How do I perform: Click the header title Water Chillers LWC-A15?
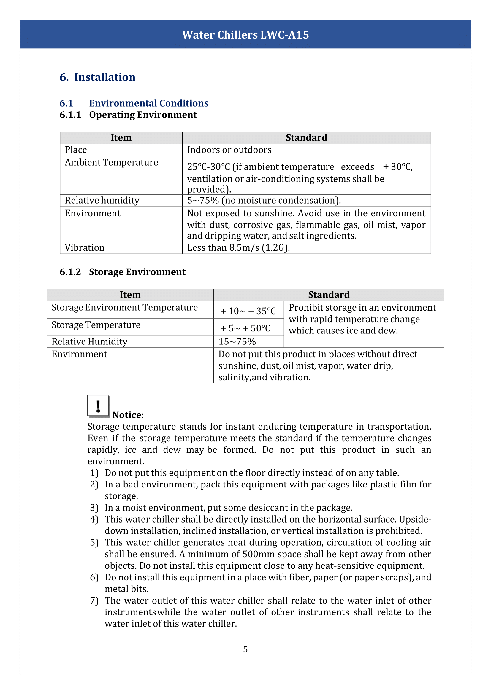245,35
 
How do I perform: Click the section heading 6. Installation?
97,77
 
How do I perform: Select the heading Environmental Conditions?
148,103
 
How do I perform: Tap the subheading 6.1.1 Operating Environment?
128,115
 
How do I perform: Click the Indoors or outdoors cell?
229,150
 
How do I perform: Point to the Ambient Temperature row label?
111,163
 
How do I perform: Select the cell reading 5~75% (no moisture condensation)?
264,200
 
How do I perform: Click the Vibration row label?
85,248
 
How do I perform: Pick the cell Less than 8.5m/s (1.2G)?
238,248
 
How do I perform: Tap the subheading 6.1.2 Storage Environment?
122,272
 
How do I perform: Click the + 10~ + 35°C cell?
248,311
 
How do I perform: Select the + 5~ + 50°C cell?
245,328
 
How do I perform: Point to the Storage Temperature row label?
96,325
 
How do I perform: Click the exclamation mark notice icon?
98,406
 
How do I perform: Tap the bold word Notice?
128,415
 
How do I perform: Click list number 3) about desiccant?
94,508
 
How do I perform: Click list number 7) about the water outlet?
94,601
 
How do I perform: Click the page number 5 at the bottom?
245,649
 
